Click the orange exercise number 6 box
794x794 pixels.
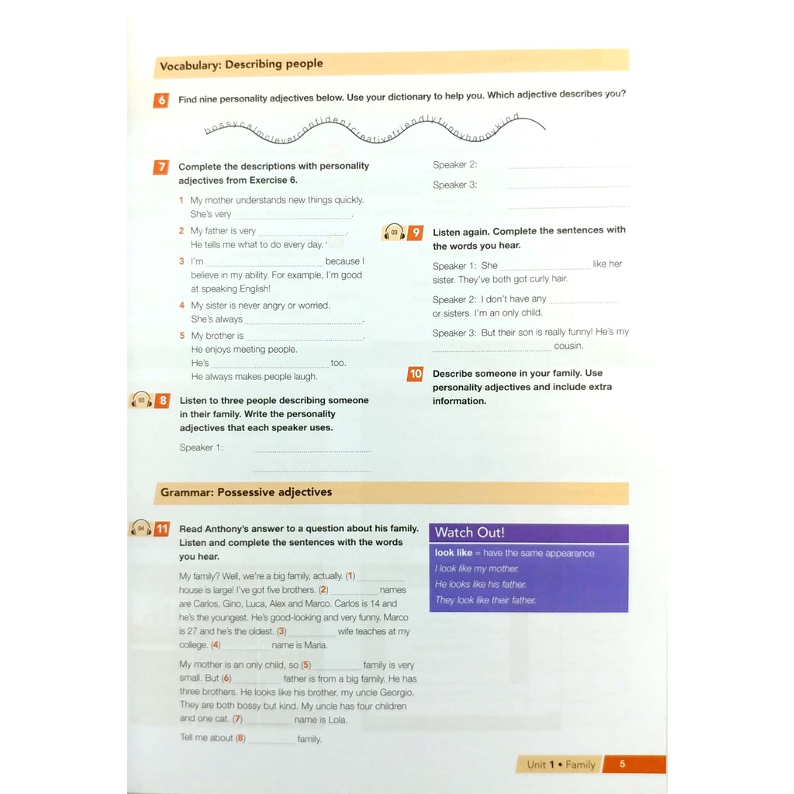coord(161,100)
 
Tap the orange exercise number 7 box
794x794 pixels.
coord(161,167)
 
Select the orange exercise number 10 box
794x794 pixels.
coord(416,374)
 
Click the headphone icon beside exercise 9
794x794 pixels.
coord(394,233)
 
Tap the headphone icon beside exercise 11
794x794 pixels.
coord(140,529)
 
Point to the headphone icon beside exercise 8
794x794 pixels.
coord(141,400)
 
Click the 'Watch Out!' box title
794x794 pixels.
coord(470,533)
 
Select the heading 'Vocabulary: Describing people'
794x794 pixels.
coord(241,65)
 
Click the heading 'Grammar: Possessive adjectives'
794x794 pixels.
coord(246,492)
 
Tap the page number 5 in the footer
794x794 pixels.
coord(622,764)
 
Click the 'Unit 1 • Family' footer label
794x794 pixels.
coord(561,765)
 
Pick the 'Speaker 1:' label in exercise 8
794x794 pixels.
coord(201,447)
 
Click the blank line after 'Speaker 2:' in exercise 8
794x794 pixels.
coord(568,166)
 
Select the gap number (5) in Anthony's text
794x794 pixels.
coord(306,665)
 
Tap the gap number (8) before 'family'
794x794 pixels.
coord(240,738)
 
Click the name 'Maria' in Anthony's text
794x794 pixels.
coord(316,645)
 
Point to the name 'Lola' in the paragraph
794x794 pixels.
coord(337,720)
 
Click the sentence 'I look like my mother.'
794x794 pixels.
coord(477,568)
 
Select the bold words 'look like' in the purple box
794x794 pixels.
coord(454,553)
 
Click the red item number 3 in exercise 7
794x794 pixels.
coord(181,261)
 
